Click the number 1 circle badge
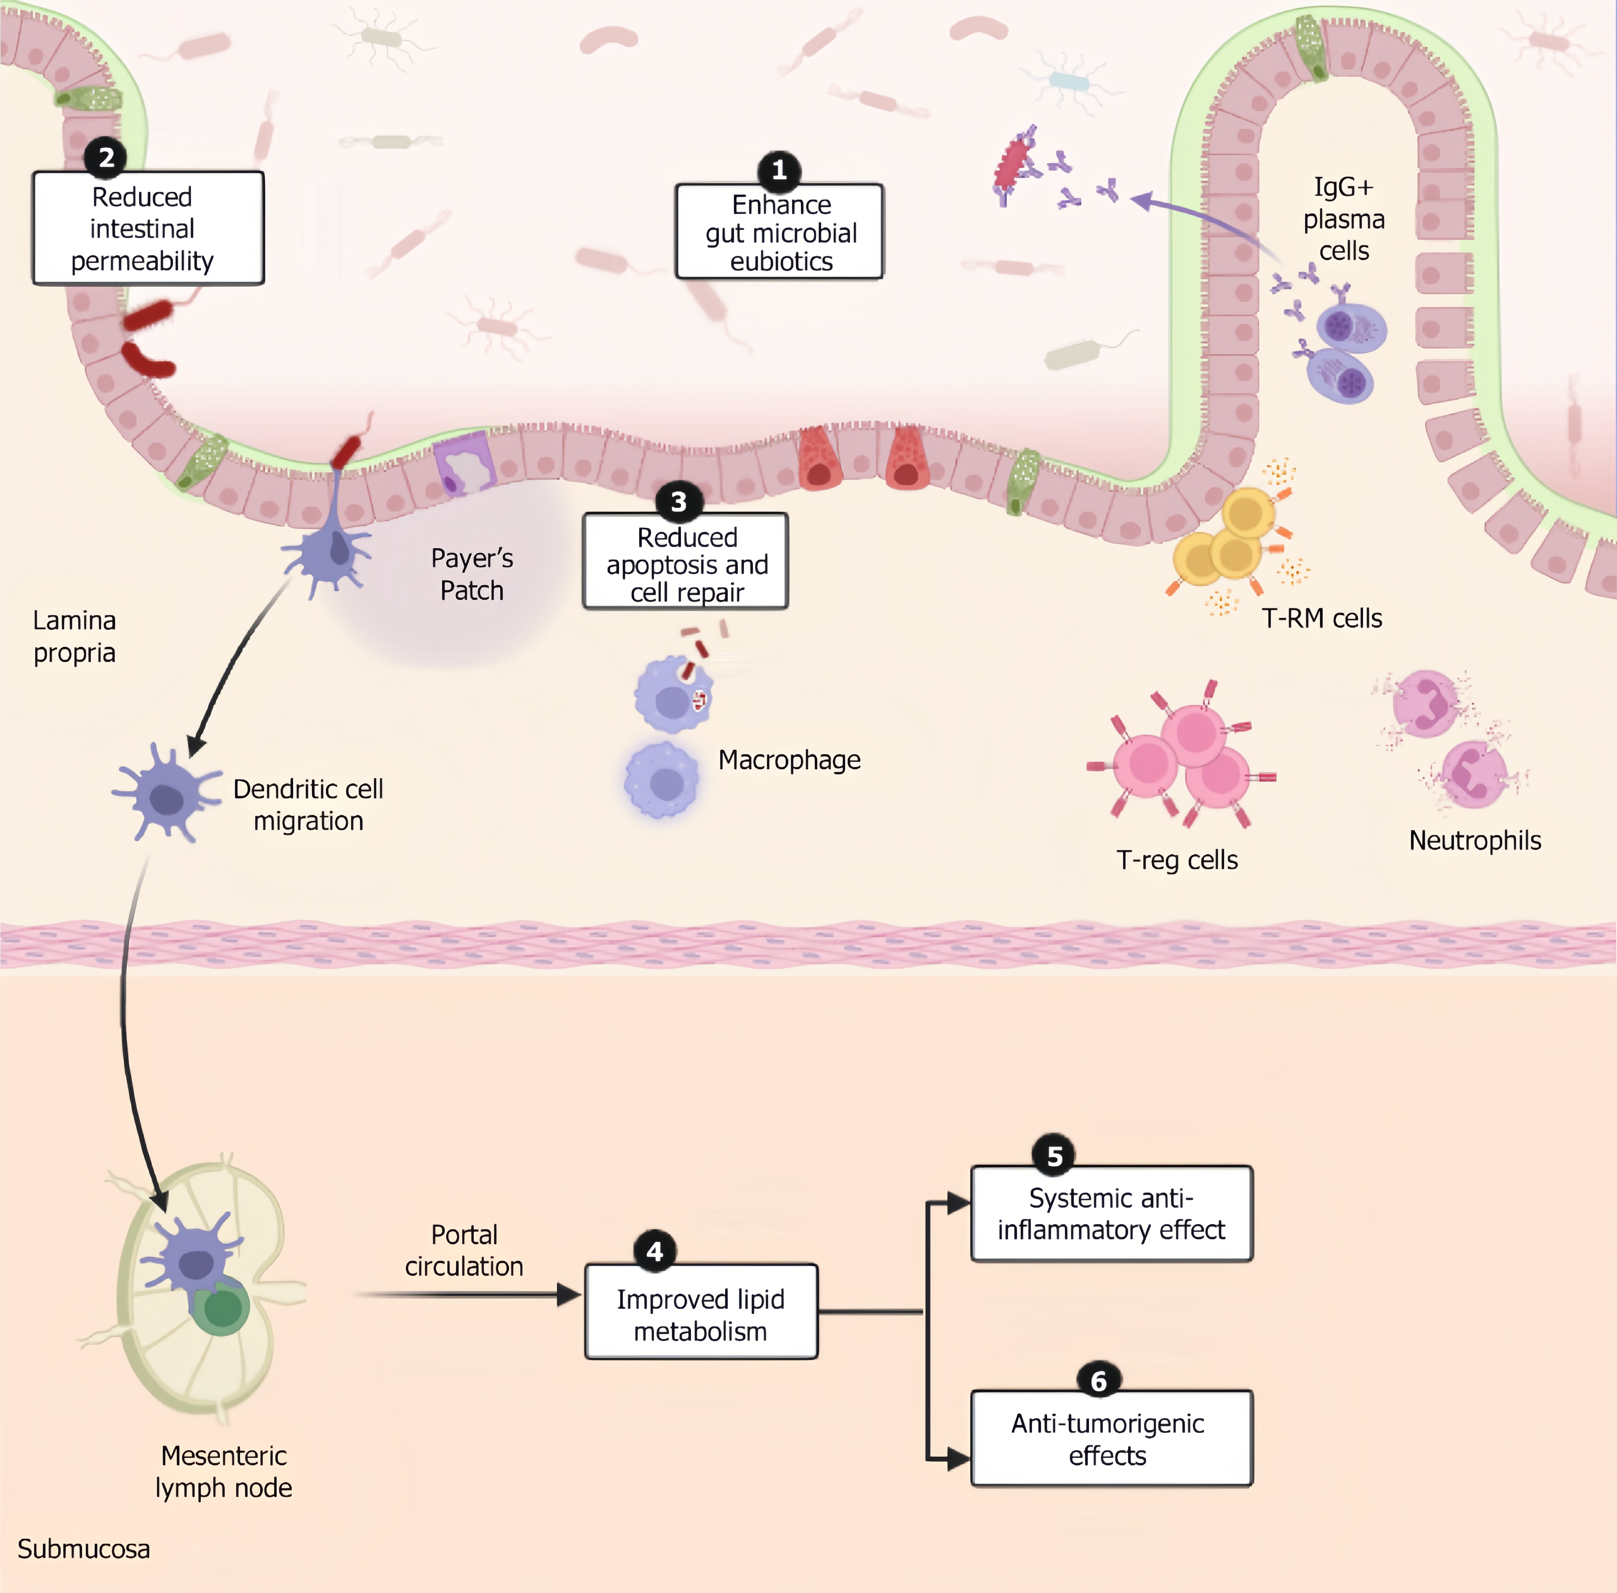click(x=779, y=171)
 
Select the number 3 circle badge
click(x=678, y=502)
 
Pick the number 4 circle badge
click(x=655, y=1251)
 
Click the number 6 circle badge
click(x=1098, y=1380)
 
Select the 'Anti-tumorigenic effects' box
click(x=1111, y=1439)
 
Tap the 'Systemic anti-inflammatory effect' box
click(x=1111, y=1214)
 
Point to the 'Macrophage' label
click(x=789, y=760)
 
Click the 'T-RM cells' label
click(x=1322, y=618)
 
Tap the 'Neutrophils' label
click(x=1475, y=840)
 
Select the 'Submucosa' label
click(x=84, y=1549)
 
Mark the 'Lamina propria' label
click(x=75, y=637)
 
